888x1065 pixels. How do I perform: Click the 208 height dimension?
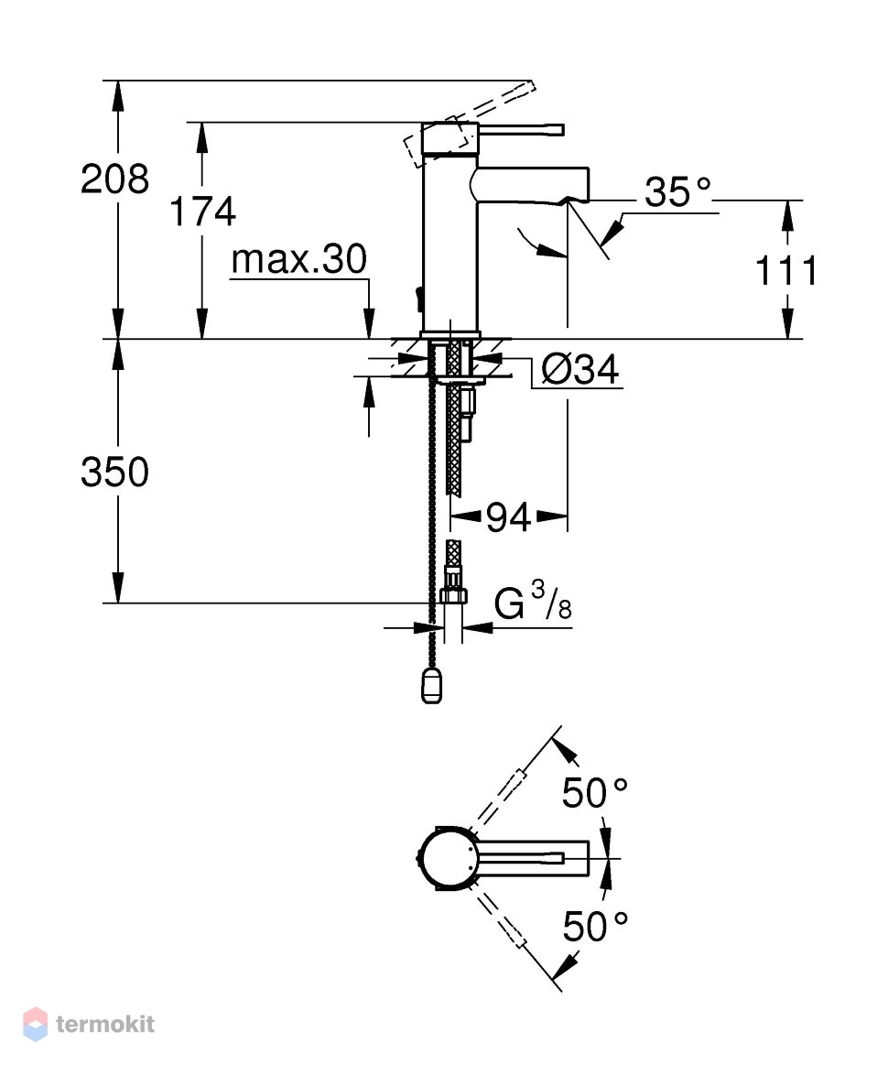(x=114, y=179)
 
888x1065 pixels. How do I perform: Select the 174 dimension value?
(x=202, y=212)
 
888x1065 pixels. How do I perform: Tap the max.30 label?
(x=298, y=259)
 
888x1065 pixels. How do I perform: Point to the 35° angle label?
(x=677, y=192)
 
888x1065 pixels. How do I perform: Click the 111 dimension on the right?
(x=786, y=271)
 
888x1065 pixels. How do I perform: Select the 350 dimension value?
(x=114, y=472)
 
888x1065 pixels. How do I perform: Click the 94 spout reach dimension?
(x=508, y=519)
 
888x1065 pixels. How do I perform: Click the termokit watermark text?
(x=105, y=1024)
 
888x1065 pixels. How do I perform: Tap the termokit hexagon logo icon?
(x=36, y=1024)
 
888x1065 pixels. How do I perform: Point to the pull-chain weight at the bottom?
(x=431, y=685)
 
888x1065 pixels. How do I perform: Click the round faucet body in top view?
(x=445, y=859)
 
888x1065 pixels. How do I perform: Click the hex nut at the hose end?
(x=453, y=595)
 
